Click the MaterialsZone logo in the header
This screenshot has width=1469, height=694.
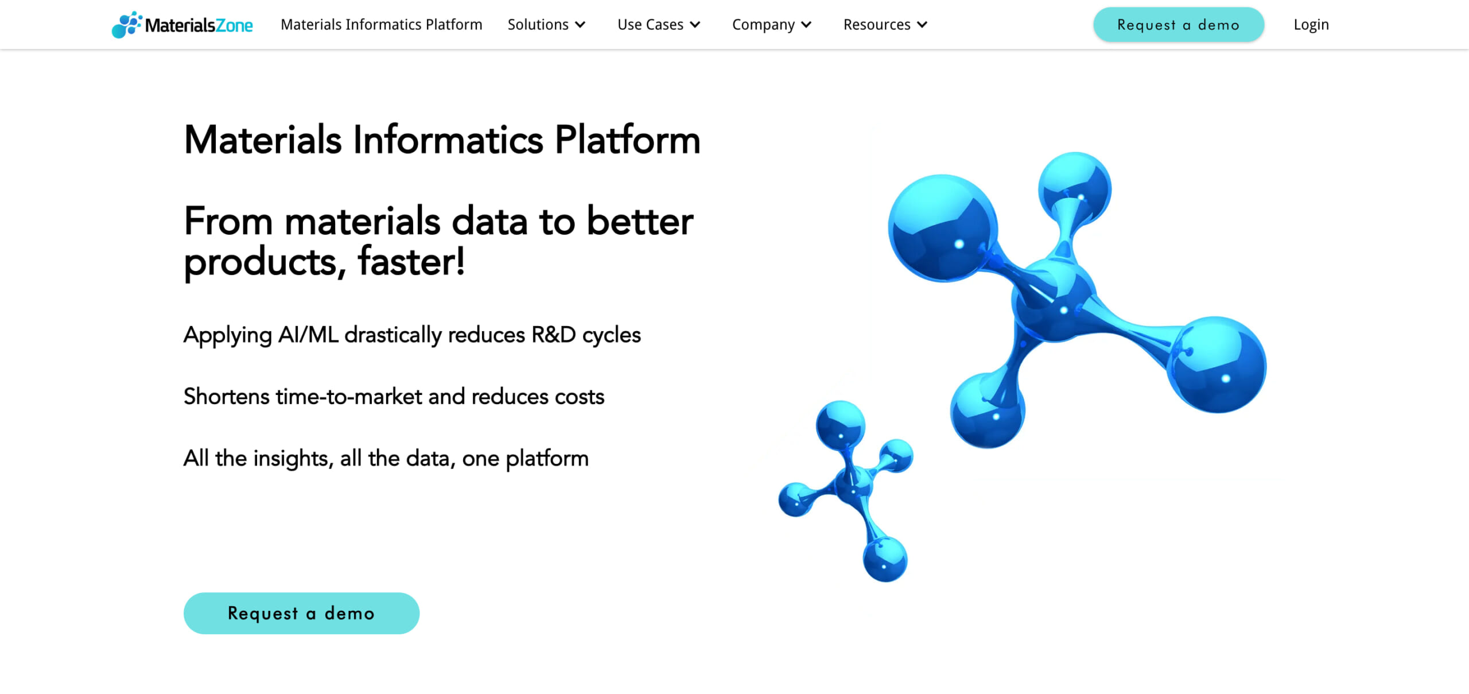[182, 25]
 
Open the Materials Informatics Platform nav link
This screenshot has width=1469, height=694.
[382, 25]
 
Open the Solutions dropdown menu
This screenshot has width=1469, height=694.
[546, 25]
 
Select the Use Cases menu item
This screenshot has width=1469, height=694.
[659, 25]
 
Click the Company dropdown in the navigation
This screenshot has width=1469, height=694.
[772, 25]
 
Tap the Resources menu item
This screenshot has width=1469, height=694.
[885, 25]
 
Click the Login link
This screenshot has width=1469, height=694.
[1311, 25]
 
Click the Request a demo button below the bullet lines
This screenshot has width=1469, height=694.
[301, 613]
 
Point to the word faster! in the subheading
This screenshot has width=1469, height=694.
[411, 261]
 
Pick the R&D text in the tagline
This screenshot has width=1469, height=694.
[554, 335]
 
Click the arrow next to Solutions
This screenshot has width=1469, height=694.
[580, 25]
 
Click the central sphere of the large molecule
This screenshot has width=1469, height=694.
[1055, 301]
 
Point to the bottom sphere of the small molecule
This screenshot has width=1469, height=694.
[885, 559]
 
